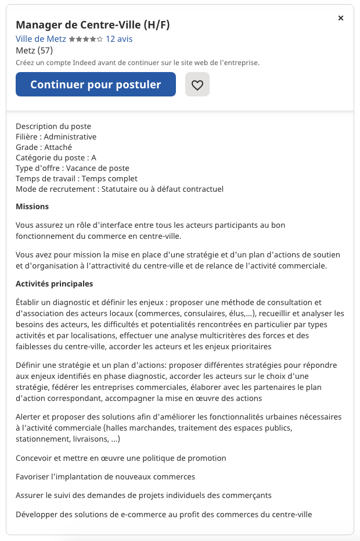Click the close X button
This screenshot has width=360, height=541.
click(x=341, y=18)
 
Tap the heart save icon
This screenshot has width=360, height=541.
click(x=197, y=85)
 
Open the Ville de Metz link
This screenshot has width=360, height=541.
click(x=41, y=39)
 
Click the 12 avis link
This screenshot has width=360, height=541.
click(x=119, y=39)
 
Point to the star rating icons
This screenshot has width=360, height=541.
click(x=86, y=39)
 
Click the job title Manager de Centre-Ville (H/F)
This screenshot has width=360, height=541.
click(x=92, y=24)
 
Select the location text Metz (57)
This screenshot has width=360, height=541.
click(x=34, y=50)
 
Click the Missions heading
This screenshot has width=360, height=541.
click(x=33, y=206)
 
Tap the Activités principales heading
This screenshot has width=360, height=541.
click(x=54, y=284)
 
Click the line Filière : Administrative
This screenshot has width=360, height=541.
click(x=56, y=137)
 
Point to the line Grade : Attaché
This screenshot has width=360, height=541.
click(x=44, y=147)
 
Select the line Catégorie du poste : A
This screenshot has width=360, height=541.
click(x=56, y=157)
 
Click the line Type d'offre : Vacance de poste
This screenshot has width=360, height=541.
click(x=73, y=168)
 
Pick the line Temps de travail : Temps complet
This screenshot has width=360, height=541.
click(x=77, y=178)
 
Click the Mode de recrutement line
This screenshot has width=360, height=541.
click(x=120, y=189)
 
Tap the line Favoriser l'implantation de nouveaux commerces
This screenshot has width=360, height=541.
click(x=105, y=476)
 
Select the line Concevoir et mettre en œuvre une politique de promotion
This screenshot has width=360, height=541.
click(x=121, y=458)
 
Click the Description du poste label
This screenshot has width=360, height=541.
click(x=53, y=126)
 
